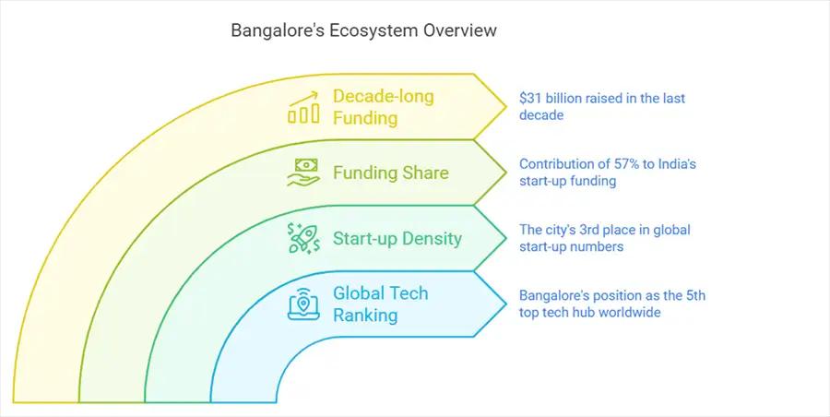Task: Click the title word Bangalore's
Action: click(278, 30)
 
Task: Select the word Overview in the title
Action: click(458, 30)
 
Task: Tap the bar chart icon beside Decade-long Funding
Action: click(303, 107)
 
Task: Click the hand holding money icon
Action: click(303, 173)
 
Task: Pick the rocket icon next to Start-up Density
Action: click(303, 238)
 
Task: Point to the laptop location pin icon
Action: click(303, 304)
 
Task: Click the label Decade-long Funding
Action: click(384, 107)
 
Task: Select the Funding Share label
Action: click(391, 173)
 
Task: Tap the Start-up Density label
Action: click(397, 238)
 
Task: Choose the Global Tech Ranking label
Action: click(381, 304)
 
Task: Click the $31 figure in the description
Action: click(530, 99)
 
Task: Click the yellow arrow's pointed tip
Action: click(506, 106)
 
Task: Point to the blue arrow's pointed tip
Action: click(506, 304)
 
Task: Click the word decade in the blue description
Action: click(541, 115)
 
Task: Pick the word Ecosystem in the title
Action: click(373, 30)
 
